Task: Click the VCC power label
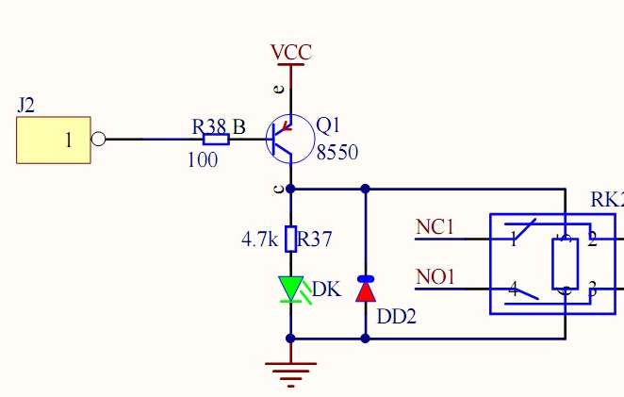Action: click(x=290, y=53)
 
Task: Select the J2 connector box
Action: click(x=54, y=141)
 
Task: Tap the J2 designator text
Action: click(x=26, y=105)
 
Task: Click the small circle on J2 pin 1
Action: click(x=98, y=140)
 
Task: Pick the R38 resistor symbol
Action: click(x=216, y=140)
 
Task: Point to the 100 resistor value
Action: click(x=203, y=160)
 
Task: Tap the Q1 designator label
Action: click(x=328, y=125)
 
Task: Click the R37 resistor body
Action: click(x=290, y=239)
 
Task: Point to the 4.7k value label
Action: click(x=259, y=240)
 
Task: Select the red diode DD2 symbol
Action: click(x=365, y=289)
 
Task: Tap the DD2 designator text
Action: click(x=397, y=317)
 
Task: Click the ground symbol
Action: click(x=290, y=372)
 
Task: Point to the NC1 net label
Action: click(x=435, y=227)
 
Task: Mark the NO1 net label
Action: click(x=435, y=277)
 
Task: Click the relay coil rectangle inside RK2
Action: click(x=564, y=264)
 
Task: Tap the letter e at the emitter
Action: click(x=278, y=90)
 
